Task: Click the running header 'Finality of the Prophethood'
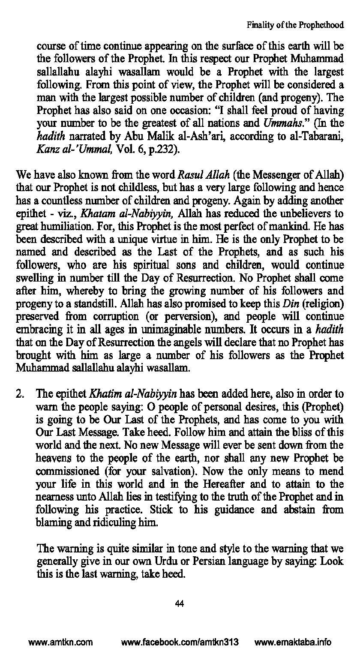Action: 295,25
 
